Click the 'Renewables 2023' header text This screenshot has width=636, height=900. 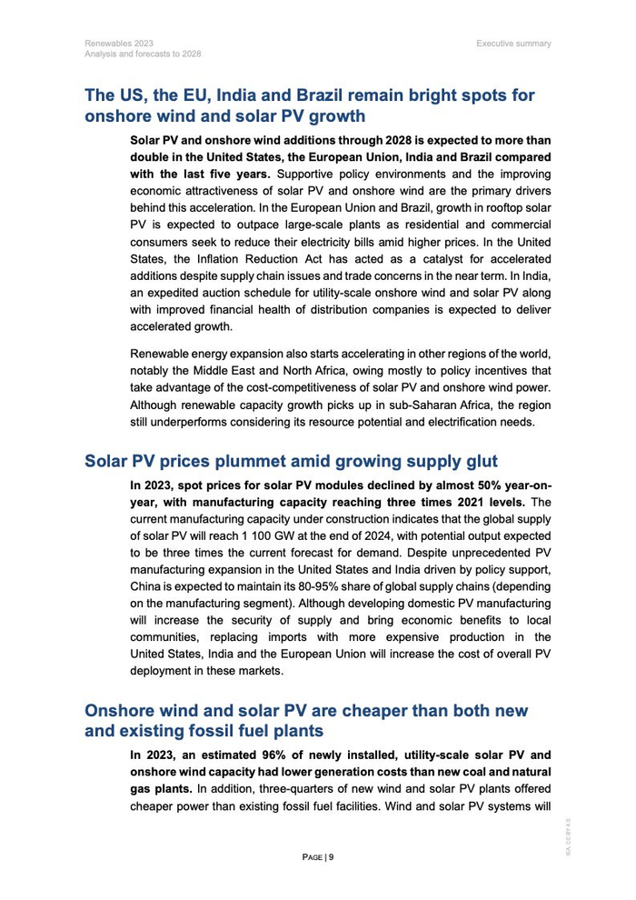[119, 43]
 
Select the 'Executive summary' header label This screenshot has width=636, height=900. [513, 43]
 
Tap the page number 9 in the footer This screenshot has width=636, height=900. [331, 856]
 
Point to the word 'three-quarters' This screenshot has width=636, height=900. [287, 788]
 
